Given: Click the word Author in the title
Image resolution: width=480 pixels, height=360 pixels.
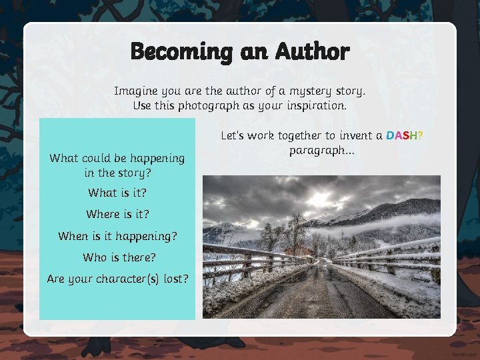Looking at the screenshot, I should pos(312,51).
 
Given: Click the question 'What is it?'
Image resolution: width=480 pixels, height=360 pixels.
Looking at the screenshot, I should pos(117,193).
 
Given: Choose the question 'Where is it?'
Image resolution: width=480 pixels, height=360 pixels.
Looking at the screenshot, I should pos(117,215).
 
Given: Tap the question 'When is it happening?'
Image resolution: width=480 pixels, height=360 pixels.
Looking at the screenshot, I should pos(117,236).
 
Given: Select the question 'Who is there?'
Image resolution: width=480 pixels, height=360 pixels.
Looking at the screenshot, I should pos(117,257).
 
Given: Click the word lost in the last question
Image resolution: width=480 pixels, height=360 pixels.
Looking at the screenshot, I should pos(176,279).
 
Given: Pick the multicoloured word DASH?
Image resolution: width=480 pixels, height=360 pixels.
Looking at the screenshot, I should pos(405,136).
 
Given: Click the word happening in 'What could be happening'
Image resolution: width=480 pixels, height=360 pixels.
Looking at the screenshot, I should pos(155,159).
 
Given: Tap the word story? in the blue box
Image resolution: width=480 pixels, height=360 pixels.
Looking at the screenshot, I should pos(135,173).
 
